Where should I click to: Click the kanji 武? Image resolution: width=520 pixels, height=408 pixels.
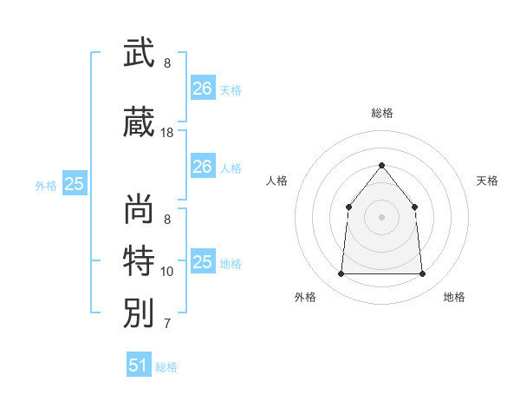coord(139,52)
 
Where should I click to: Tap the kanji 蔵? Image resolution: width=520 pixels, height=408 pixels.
coord(139,122)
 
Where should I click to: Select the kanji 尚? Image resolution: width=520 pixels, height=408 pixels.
coord(139,208)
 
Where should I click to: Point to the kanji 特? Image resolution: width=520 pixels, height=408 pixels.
coord(139,260)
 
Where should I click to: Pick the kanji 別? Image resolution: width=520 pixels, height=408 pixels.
coord(139,313)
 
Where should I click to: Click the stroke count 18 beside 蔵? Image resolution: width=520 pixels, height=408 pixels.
coord(166,133)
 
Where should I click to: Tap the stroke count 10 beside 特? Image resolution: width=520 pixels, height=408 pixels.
coord(166,272)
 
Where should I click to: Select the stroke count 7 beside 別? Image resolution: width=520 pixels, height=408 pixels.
coord(167,324)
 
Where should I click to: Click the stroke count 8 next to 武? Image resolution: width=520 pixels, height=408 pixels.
coord(167,63)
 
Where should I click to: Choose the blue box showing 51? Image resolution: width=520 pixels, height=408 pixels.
coord(139,364)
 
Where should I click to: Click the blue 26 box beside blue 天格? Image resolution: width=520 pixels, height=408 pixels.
coord(204,88)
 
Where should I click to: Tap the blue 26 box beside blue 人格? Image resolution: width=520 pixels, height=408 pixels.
coord(204,166)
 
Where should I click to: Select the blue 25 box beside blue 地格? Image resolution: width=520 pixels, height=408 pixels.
coord(204,260)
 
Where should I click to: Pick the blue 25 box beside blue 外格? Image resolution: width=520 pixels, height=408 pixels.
coord(75,183)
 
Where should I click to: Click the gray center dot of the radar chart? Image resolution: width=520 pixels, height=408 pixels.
coord(381,217)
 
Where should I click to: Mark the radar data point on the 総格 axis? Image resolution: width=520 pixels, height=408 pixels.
coord(381,165)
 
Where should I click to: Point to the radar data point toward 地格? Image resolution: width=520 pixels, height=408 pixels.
coord(422,273)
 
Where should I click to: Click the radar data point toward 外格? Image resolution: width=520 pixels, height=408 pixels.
coord(341,273)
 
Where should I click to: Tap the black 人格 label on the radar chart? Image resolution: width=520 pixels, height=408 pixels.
coord(276,181)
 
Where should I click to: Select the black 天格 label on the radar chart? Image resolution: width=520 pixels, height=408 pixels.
coord(487,181)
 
